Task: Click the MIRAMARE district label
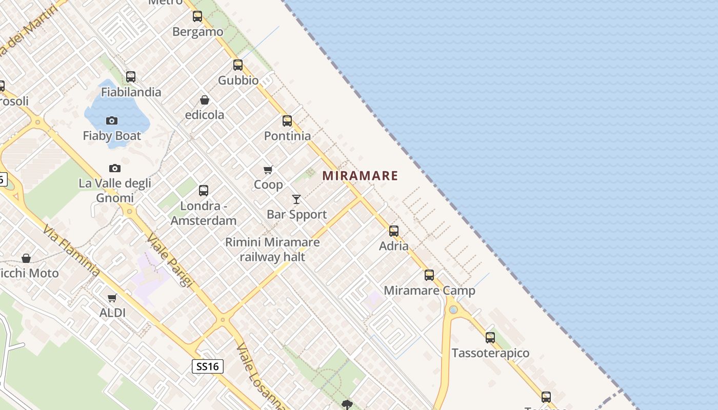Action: pyautogui.click(x=360, y=176)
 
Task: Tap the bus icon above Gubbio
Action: pyautogui.click(x=238, y=65)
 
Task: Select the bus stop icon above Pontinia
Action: pyautogui.click(x=287, y=121)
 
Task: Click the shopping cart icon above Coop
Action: pyautogui.click(x=268, y=170)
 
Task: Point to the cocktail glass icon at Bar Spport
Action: pyautogui.click(x=296, y=199)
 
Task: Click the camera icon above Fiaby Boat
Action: pyautogui.click(x=112, y=121)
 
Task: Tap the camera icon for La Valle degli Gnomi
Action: pyautogui.click(x=115, y=168)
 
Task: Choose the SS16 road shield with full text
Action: pyautogui.click(x=208, y=366)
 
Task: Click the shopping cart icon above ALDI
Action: pyautogui.click(x=112, y=298)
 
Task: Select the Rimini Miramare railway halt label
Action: pyautogui.click(x=272, y=250)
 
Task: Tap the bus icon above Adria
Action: pyautogui.click(x=394, y=231)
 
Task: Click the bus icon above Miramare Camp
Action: pyautogui.click(x=429, y=275)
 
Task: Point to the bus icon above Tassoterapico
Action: pyautogui.click(x=490, y=338)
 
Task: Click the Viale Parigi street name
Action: pyautogui.click(x=170, y=260)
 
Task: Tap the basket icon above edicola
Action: pyautogui.click(x=205, y=100)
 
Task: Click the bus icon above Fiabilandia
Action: pyautogui.click(x=131, y=77)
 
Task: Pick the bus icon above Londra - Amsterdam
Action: pyautogui.click(x=204, y=191)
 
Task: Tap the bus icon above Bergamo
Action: pyautogui.click(x=197, y=16)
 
